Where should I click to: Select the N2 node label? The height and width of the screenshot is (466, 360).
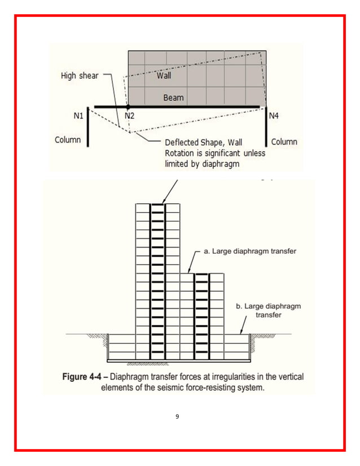130,116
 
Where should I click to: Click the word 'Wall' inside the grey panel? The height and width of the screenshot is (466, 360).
164,75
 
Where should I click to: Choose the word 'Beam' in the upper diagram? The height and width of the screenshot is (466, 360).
173,98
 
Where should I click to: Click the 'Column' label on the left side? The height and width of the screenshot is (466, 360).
68,140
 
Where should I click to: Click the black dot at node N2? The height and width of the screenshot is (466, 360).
129,106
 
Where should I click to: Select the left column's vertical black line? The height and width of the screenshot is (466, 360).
88,127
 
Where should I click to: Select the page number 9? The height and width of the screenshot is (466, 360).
177,416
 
